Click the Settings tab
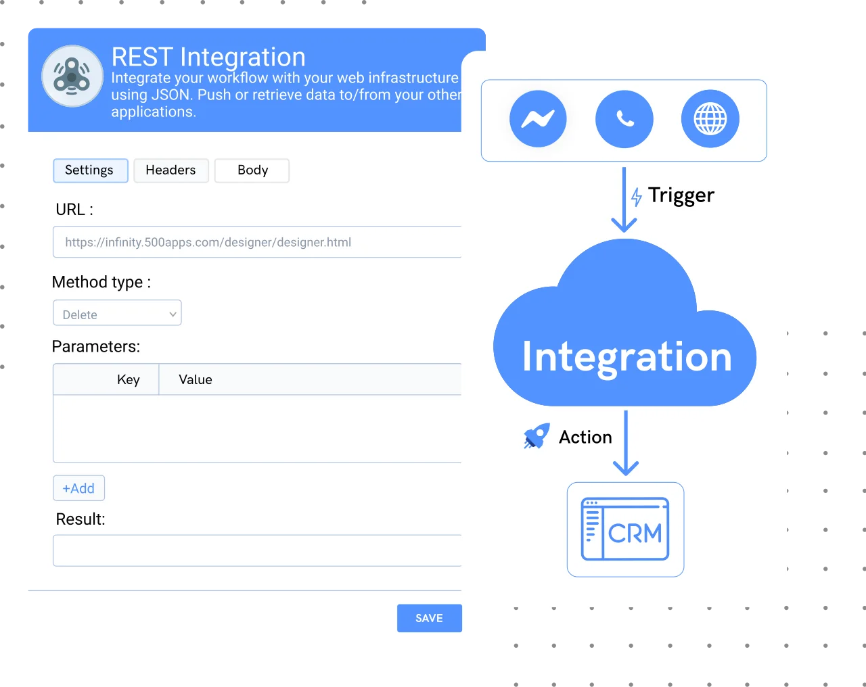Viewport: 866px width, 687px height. [x=91, y=170]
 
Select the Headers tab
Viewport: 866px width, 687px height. [x=171, y=170]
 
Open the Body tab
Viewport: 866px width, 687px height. [x=252, y=170]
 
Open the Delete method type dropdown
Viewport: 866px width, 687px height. [x=117, y=312]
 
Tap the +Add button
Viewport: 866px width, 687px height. [x=79, y=488]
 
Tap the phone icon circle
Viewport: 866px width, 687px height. [x=624, y=119]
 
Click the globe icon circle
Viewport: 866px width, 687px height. [x=710, y=118]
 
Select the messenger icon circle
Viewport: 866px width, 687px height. [x=538, y=118]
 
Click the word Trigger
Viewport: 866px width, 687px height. [x=681, y=196]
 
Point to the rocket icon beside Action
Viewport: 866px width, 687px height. [x=537, y=435]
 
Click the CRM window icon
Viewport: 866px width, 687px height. [x=625, y=529]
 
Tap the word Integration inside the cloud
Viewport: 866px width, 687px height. [x=626, y=358]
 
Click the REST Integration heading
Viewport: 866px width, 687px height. [x=208, y=57]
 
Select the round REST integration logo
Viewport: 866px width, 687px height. [x=72, y=76]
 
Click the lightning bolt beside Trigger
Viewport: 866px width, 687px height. [x=637, y=197]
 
